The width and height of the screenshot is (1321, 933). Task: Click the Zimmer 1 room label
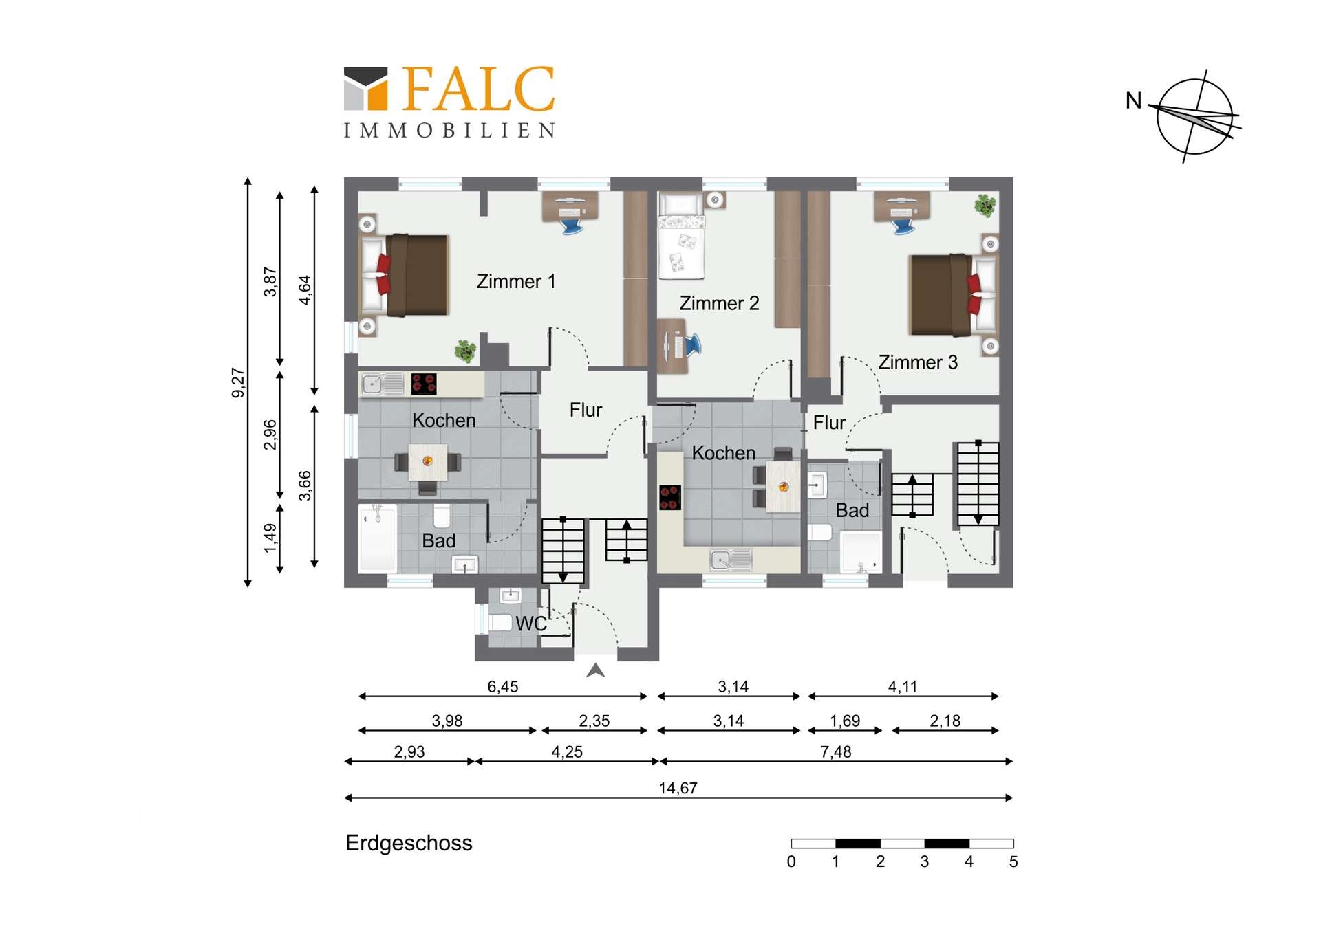[x=516, y=282]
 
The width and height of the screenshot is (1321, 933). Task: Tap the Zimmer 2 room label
[x=719, y=303]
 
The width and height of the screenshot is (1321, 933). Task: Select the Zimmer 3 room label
[x=918, y=362]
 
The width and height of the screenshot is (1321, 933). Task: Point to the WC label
[x=531, y=624]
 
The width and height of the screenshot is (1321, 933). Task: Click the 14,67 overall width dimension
[x=678, y=788]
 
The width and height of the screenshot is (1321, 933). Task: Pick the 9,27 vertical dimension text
[x=238, y=383]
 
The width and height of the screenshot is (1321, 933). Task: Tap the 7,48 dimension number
[x=836, y=752]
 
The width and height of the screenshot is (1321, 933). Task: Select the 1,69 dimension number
[x=845, y=721]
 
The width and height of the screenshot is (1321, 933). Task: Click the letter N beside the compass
[x=1133, y=101]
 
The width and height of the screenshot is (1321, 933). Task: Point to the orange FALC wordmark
[x=478, y=89]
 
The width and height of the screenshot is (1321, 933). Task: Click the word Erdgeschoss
[x=409, y=844]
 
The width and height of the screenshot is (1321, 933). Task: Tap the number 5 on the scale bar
[x=1013, y=862]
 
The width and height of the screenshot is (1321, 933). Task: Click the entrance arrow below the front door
[x=596, y=671]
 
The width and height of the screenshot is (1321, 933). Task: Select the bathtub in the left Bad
[x=377, y=538]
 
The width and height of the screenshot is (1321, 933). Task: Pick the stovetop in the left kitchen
[x=424, y=384]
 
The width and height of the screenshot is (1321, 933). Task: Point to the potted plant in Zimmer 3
[x=985, y=206]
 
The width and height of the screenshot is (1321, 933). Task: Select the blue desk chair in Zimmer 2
[x=693, y=344]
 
